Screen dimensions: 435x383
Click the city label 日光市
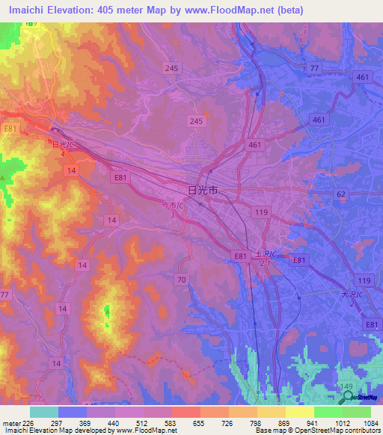[202, 191]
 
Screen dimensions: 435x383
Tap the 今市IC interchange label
[174, 207]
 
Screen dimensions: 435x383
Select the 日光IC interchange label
[63, 145]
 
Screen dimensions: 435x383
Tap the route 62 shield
[341, 194]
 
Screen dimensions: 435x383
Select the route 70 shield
[181, 279]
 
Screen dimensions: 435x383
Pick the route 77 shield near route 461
[313, 68]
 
